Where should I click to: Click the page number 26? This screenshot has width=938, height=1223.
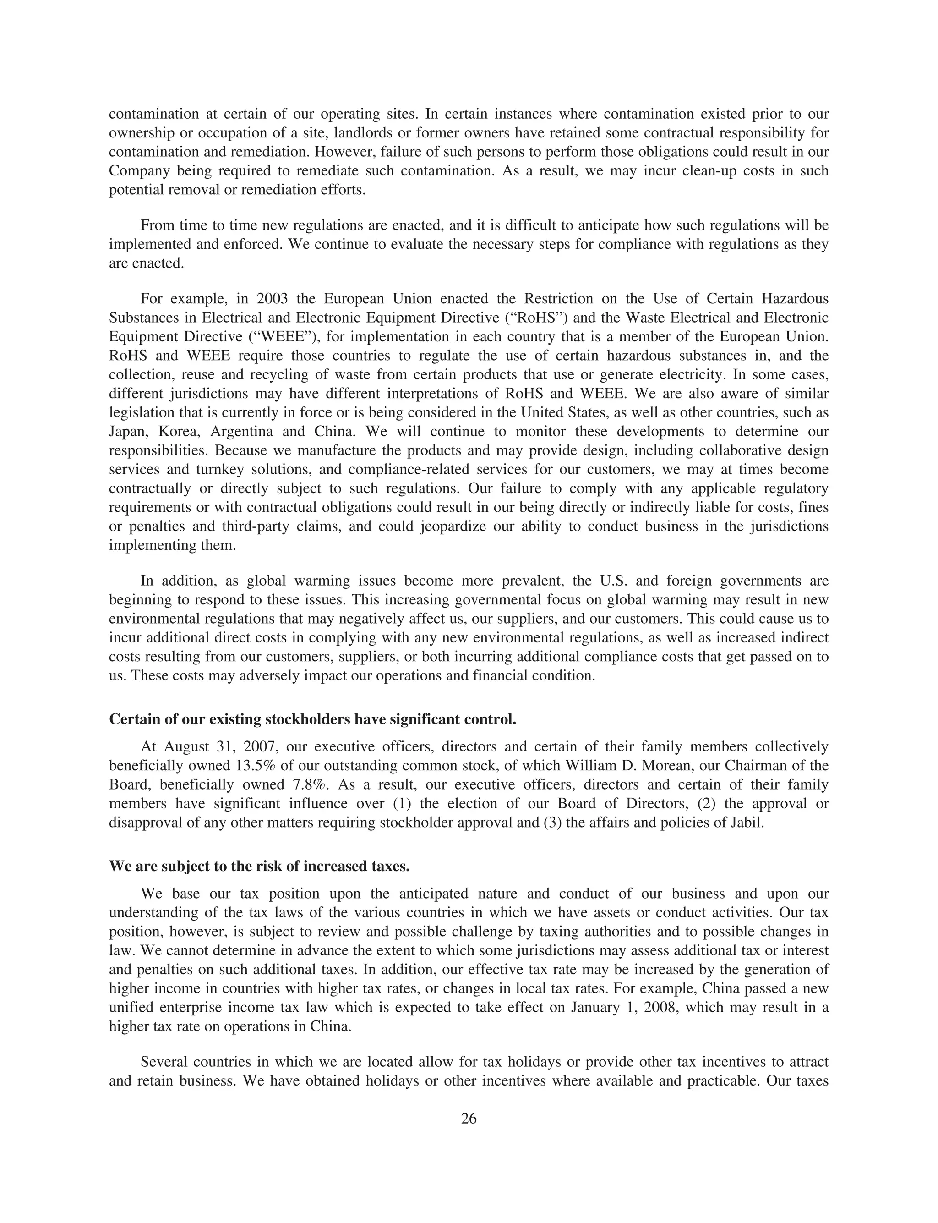click(469, 1119)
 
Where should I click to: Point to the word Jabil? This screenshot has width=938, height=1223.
click(746, 823)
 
